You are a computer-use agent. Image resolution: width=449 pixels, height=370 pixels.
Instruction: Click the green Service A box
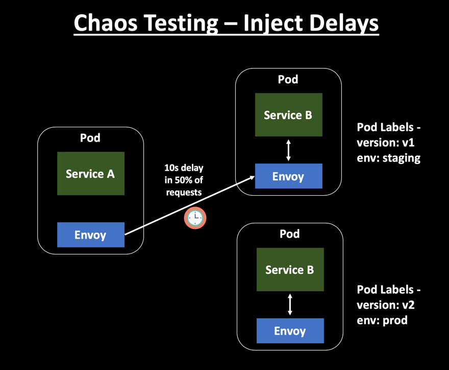click(x=90, y=174)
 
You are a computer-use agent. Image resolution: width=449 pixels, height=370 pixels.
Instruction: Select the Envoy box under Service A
click(x=90, y=235)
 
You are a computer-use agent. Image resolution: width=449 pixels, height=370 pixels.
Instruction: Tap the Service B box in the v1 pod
click(x=288, y=115)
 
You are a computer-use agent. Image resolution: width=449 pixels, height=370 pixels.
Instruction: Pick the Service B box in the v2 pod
click(x=290, y=270)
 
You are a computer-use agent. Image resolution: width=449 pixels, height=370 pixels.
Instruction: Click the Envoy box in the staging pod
click(x=288, y=176)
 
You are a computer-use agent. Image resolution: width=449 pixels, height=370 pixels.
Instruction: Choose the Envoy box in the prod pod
click(x=290, y=331)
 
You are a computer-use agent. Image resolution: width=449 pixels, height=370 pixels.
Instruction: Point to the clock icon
click(x=195, y=218)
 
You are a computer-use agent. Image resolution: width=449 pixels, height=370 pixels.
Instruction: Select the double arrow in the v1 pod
click(x=288, y=150)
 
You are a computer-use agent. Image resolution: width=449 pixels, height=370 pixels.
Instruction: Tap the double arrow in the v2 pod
click(x=290, y=305)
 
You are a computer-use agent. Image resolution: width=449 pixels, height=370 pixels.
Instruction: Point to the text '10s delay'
click(x=184, y=168)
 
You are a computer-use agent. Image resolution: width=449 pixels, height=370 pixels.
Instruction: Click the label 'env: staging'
click(x=388, y=157)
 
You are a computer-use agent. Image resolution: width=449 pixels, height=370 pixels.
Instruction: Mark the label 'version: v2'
click(x=385, y=305)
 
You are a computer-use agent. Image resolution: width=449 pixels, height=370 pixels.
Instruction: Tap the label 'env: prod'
click(x=382, y=320)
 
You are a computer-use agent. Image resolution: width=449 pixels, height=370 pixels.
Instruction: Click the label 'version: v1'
click(x=385, y=142)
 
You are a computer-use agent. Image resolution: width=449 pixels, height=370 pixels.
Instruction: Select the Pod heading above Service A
click(x=90, y=138)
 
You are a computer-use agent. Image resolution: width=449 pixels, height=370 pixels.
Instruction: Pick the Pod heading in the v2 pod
click(x=290, y=234)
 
